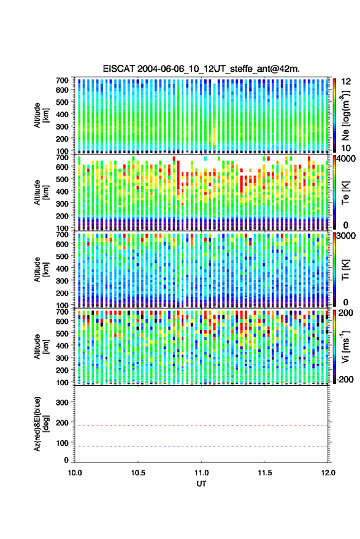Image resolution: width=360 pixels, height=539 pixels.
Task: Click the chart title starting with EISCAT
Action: (201, 69)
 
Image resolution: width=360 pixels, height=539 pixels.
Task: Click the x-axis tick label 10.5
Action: (138, 473)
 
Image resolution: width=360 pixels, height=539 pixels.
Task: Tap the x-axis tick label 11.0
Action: (201, 473)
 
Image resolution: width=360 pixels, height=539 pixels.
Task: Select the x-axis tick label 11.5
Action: (264, 473)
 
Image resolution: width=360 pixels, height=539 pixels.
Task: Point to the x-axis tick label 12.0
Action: (328, 473)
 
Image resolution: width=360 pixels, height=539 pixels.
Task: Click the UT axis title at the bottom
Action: (201, 484)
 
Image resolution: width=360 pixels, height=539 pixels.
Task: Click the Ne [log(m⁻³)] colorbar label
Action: (346, 115)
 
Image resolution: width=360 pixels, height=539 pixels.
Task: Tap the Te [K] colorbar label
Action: (345, 193)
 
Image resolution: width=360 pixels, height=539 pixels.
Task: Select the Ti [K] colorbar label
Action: (345, 270)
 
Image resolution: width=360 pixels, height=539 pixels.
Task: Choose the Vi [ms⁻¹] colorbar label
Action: (345, 346)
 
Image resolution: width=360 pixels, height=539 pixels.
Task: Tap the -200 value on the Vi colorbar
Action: (345, 379)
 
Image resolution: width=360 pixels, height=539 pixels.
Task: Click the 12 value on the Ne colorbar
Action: (346, 82)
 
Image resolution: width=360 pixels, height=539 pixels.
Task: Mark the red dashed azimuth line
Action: (201, 426)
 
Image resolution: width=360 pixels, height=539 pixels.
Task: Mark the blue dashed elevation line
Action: (201, 446)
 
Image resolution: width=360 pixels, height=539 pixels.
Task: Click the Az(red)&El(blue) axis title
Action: (42, 424)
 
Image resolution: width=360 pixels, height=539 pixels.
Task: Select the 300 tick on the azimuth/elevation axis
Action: (62, 402)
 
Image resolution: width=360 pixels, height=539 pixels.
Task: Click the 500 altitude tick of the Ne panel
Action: (62, 102)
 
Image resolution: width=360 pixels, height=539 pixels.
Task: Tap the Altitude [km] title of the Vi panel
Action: (42, 346)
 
